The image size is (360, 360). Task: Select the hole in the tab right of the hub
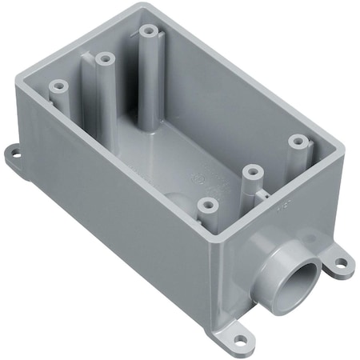coord(342,261)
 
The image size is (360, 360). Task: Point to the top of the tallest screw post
coord(148,32)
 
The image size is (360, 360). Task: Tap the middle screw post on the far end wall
coord(102,58)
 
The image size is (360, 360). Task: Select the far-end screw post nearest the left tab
coord(58,85)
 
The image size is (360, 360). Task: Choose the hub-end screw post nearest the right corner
coord(298,140)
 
